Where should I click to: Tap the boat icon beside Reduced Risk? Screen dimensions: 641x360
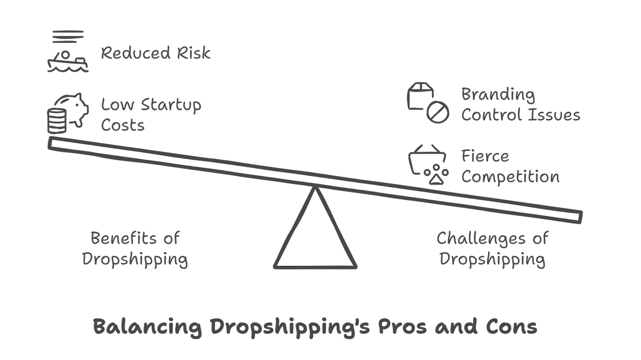coord(67,62)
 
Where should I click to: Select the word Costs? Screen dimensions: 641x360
coord(122,125)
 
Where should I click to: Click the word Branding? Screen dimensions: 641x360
coord(498,95)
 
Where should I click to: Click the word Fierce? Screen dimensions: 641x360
coord(485,156)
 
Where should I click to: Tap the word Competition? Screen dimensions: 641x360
coord(510,177)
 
